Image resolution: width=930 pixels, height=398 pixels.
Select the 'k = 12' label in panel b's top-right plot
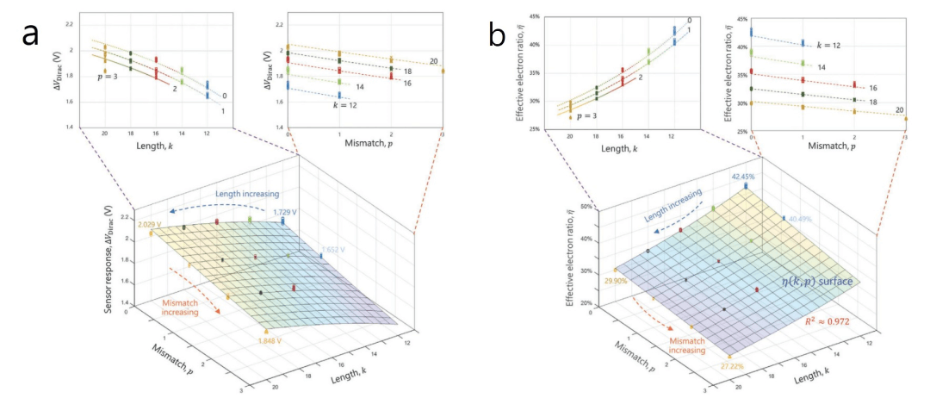coord(833,44)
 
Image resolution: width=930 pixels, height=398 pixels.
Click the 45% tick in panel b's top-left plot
coord(534,16)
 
